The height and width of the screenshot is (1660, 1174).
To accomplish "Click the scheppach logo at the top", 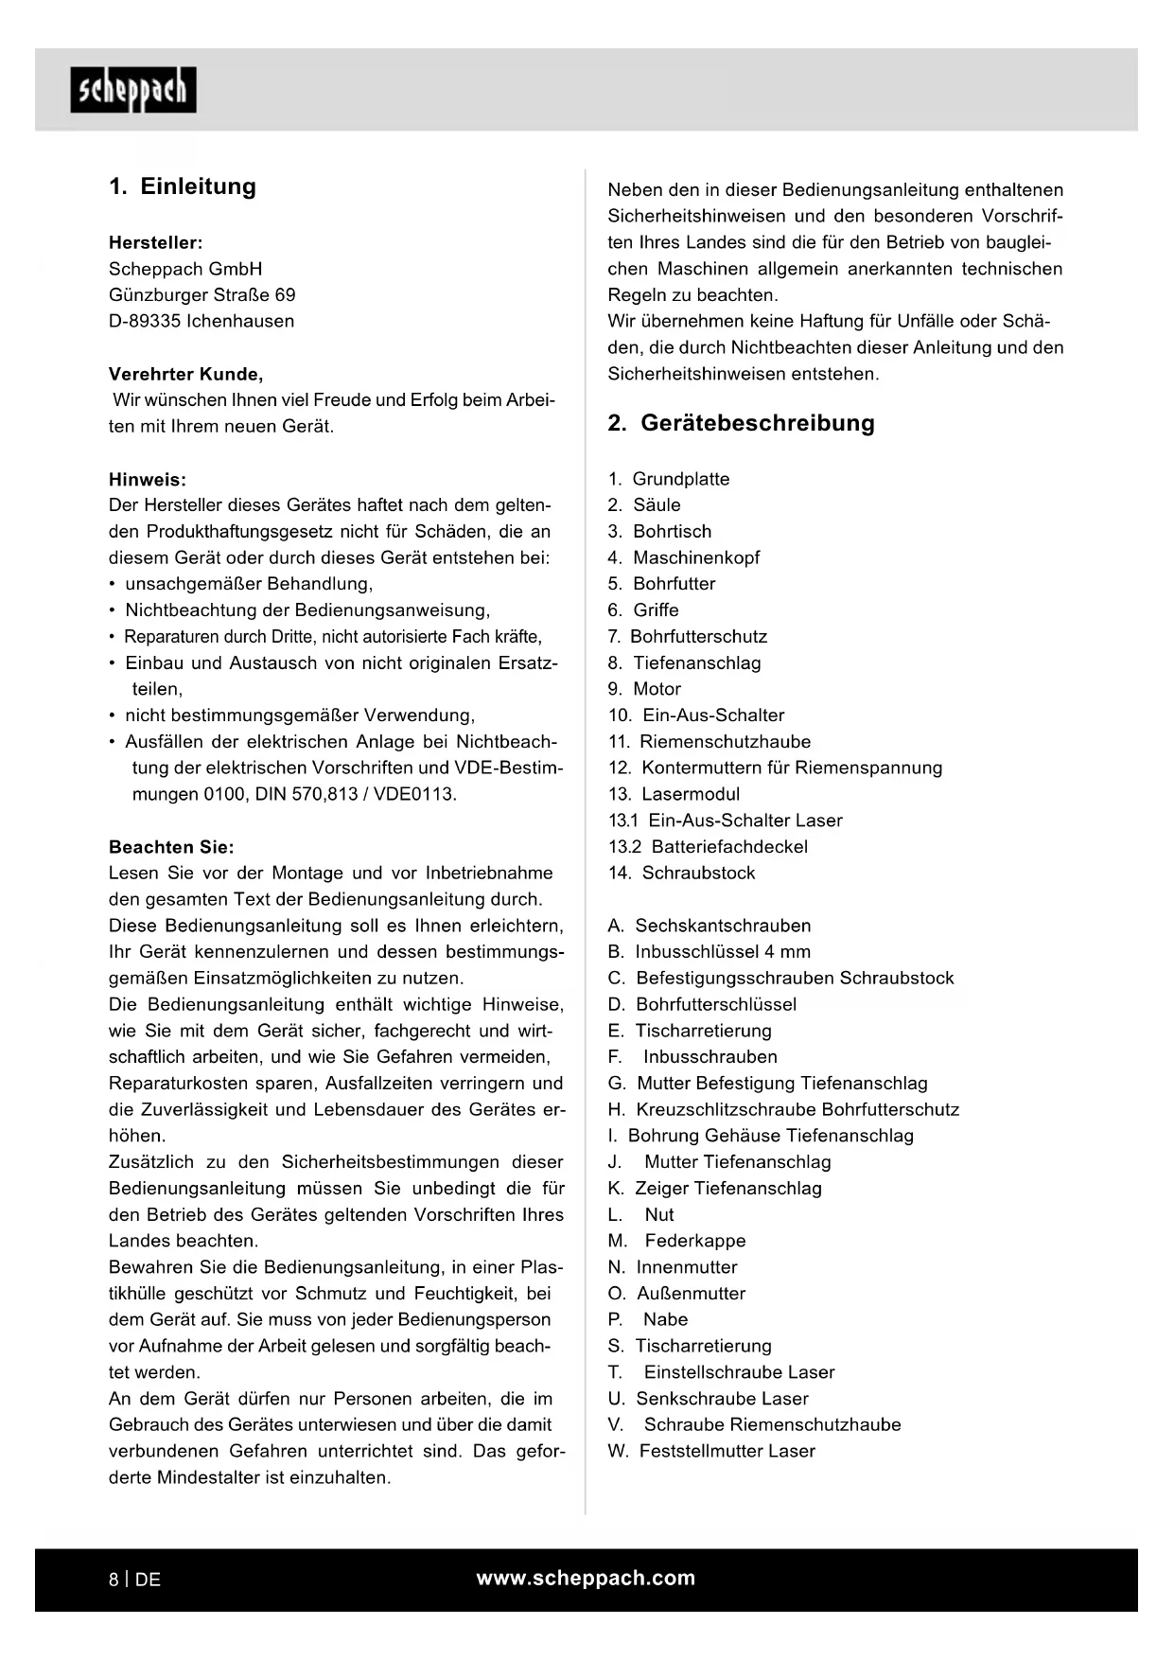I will (x=133, y=90).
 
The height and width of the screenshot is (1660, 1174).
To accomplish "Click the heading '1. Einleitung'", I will (x=183, y=186).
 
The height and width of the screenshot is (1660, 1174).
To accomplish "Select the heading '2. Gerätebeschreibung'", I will (x=741, y=423).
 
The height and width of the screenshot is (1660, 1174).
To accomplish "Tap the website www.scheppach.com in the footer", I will (x=586, y=1578).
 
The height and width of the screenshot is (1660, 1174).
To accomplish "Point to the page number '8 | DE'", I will (x=134, y=1580).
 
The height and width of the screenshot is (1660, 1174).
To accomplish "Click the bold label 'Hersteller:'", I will (x=156, y=242).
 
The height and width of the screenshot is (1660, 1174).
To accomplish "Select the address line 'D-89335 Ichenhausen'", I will (x=202, y=321).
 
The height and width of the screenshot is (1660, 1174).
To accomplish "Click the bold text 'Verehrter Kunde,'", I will (x=186, y=374).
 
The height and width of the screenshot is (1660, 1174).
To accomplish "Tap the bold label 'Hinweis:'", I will (x=148, y=479).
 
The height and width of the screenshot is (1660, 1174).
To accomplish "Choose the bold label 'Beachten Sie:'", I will (x=171, y=847).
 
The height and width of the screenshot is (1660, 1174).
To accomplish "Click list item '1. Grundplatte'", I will (x=669, y=479).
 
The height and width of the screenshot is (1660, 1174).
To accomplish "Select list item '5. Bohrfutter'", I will (x=661, y=584).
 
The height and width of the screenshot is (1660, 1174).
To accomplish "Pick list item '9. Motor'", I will (x=644, y=689).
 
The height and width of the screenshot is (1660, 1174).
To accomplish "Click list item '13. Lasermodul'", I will (x=674, y=794).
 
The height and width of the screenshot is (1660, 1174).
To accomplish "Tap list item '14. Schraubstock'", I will (x=681, y=873).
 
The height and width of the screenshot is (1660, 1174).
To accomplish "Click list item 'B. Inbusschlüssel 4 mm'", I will (x=710, y=952).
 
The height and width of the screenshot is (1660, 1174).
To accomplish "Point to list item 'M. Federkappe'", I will (x=676, y=1241).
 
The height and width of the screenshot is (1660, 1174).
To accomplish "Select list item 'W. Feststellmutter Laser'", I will (x=711, y=1451).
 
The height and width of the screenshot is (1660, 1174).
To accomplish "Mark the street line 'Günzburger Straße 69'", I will (x=202, y=294).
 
